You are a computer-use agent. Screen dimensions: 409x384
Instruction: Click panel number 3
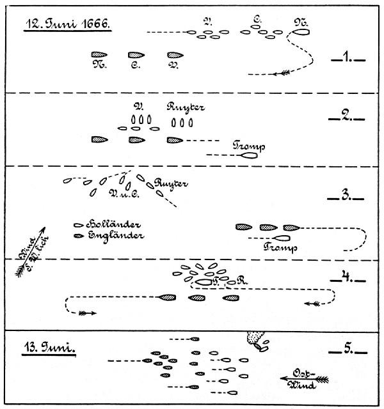coord(348,196)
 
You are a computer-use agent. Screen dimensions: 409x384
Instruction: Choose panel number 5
coord(348,350)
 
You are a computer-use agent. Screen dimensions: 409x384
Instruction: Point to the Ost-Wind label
coord(297,380)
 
